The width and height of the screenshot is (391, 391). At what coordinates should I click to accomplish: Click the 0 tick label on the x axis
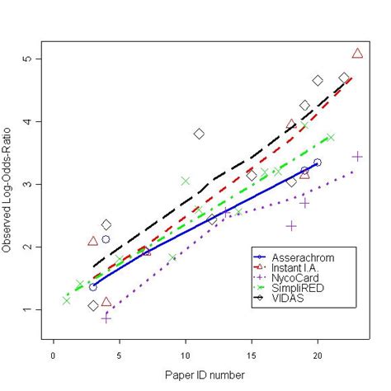pos(54,354)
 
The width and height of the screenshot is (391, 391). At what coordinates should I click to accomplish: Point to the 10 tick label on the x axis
pos(185,354)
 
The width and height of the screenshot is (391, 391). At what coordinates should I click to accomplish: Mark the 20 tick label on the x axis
pos(317,354)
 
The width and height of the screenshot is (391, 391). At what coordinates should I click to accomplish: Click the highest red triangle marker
pos(357,54)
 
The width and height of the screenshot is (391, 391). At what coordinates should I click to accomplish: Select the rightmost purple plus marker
pos(357,156)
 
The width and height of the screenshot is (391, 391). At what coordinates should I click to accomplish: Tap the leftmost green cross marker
pos(66,300)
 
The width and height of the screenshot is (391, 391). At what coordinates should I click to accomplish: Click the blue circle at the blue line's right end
pos(318,163)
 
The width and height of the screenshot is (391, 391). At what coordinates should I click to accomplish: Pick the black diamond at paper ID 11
pos(199,134)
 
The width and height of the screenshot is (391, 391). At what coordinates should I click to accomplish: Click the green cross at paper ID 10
pos(186,181)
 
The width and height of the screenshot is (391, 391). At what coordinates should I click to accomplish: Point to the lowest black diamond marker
pos(93,306)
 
